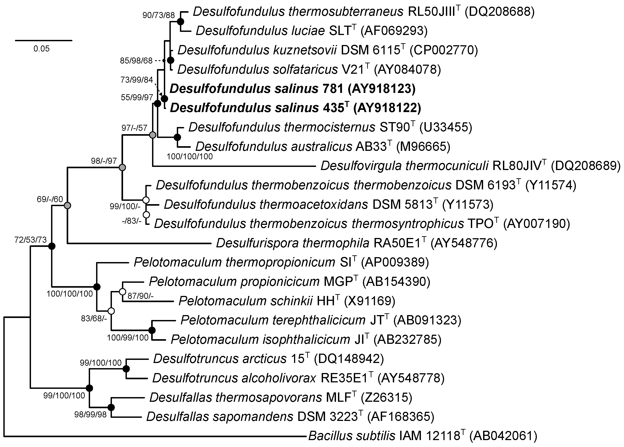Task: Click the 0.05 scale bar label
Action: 41,49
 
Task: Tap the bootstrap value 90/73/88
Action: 159,15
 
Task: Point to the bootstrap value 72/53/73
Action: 31,240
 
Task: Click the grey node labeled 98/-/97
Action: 122,167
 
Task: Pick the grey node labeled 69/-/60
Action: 67,205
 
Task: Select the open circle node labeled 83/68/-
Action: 111,311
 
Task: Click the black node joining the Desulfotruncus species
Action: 126,369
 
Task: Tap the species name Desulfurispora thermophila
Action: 292,243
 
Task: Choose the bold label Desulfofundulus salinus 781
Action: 256,89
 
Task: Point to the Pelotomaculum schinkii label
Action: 245,301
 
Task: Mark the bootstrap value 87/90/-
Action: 140,296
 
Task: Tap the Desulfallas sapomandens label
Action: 220,417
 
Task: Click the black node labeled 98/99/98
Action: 111,407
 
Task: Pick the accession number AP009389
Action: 395,262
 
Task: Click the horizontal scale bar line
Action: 43,40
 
